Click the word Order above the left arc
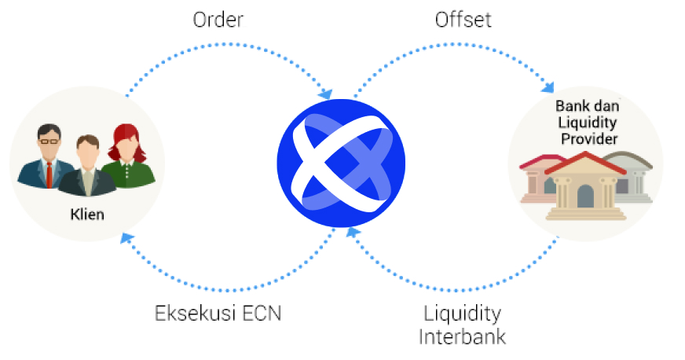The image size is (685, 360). pyautogui.click(x=218, y=20)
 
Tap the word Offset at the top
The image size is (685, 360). pyautogui.click(x=463, y=20)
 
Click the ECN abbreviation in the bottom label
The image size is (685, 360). pyautogui.click(x=262, y=314)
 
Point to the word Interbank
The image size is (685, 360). pyautogui.click(x=462, y=337)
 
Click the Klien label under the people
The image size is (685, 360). pyautogui.click(x=87, y=214)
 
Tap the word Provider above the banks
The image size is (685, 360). pyautogui.click(x=589, y=139)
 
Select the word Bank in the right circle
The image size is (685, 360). pyautogui.click(x=570, y=106)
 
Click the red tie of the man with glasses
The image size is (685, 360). pyautogui.click(x=49, y=174)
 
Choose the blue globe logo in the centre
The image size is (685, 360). pyautogui.click(x=341, y=163)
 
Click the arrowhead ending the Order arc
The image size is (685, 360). pyautogui.click(x=326, y=94)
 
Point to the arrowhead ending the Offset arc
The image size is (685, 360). pyautogui.click(x=548, y=86)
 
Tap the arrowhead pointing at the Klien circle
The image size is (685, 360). pyautogui.click(x=126, y=238)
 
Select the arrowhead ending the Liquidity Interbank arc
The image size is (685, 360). pyautogui.click(x=353, y=232)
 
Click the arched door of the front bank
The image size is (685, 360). pyautogui.click(x=585, y=197)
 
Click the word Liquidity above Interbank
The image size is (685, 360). pyautogui.click(x=462, y=314)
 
